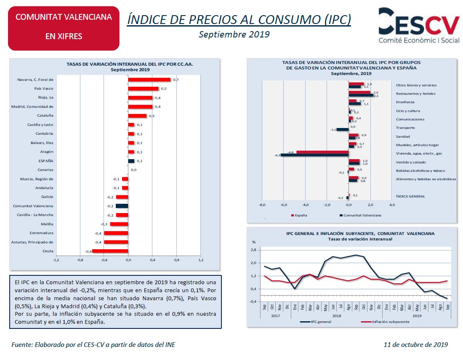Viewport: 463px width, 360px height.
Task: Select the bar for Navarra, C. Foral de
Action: (149, 80)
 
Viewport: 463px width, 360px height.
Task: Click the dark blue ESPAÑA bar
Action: (131, 161)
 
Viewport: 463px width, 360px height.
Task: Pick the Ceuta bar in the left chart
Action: (110, 251)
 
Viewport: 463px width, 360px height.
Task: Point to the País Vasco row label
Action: (44, 88)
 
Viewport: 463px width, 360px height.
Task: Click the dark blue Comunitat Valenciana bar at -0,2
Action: (122, 206)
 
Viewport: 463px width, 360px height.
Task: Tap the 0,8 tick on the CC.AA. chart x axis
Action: (176, 260)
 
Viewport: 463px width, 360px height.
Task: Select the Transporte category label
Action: (405, 128)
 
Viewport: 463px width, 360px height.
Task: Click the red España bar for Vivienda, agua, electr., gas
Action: (322, 152)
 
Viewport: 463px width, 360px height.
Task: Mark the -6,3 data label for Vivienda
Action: (277, 155)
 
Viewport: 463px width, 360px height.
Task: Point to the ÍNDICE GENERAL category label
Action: (410, 196)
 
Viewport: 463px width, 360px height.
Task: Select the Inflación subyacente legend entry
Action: (389, 322)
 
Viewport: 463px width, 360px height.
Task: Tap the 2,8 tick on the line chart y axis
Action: (253, 250)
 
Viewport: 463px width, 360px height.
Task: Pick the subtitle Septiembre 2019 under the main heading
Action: (234, 34)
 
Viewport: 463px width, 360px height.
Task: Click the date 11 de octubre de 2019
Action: (416, 344)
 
